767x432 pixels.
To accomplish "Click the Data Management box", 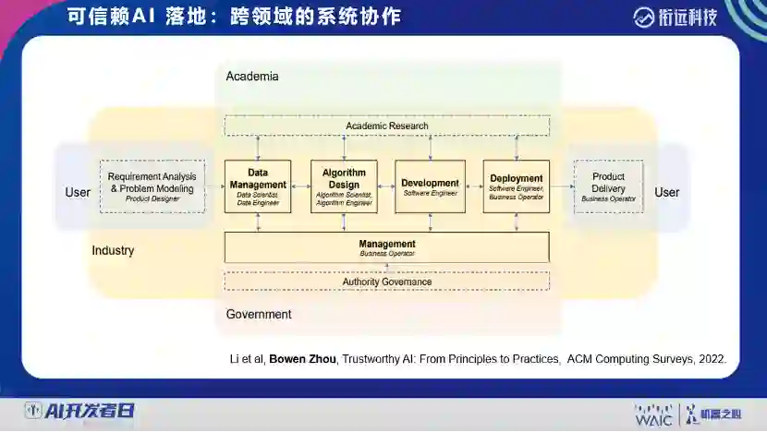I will coord(258,186).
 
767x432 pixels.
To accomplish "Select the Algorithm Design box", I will coord(344,186).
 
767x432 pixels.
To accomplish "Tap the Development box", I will coord(430,186).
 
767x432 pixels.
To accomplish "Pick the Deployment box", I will coord(516,186).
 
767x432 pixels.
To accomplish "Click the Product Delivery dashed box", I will coord(608,186).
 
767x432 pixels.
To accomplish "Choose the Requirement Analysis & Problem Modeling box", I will coord(152,186).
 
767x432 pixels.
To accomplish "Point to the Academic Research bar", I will coord(386,126).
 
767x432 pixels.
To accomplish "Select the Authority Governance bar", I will coord(386,282).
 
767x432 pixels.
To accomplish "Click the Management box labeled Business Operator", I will coord(386,247).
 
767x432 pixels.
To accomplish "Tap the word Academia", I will coord(251,77).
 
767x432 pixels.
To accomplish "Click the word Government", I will coord(258,315).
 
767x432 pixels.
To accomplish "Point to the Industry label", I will coord(113,250).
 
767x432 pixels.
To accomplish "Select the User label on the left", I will coord(78,192).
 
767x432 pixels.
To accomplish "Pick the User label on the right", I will coord(666,192).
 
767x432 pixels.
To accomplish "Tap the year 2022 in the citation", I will coord(712,358).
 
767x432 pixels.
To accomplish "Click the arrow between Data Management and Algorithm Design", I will coord(300,186).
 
